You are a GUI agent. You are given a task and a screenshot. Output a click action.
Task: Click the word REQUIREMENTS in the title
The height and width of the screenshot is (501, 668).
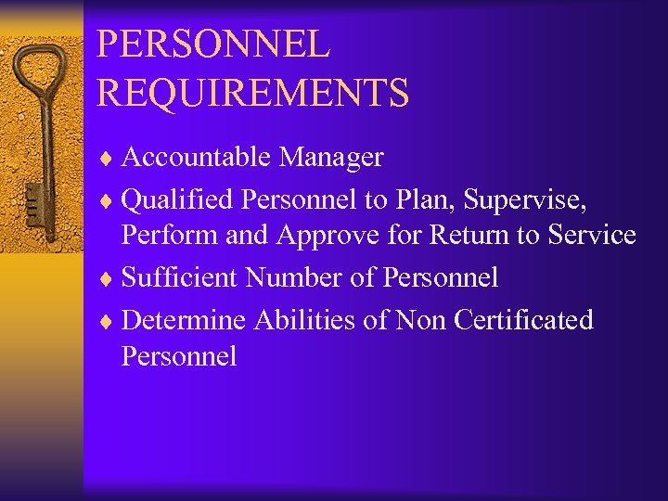252,93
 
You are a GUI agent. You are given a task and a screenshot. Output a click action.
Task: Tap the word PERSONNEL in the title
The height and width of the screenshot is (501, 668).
212,45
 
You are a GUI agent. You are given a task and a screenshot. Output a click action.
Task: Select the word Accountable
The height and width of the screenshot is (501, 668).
196,158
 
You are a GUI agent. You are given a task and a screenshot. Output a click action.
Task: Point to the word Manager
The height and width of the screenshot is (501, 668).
330,158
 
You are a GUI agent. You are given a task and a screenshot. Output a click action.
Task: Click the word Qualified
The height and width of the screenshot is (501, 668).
177,199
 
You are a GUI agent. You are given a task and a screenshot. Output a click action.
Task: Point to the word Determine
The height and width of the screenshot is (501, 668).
184,319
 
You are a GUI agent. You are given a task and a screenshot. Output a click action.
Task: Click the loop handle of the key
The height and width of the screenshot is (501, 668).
42,71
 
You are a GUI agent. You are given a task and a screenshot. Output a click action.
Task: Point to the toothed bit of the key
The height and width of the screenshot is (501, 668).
32,204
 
